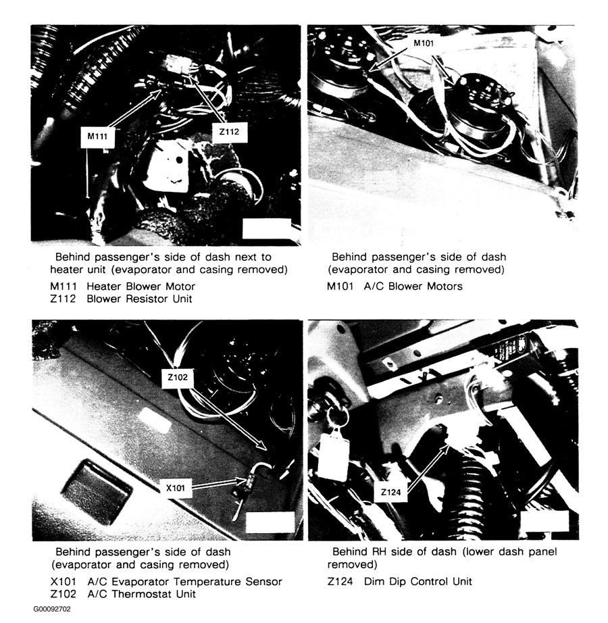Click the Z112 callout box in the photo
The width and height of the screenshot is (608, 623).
(229, 132)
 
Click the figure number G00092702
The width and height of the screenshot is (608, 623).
(52, 609)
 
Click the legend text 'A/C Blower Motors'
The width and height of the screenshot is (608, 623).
(413, 286)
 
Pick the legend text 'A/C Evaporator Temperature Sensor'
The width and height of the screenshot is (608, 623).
(184, 582)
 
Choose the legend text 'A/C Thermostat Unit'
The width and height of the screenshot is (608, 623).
(141, 594)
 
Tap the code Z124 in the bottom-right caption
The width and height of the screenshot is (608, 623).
(341, 581)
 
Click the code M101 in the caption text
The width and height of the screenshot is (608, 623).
(340, 286)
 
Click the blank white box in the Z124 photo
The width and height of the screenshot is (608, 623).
(544, 524)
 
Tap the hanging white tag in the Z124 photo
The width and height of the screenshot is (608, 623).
(332, 456)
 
